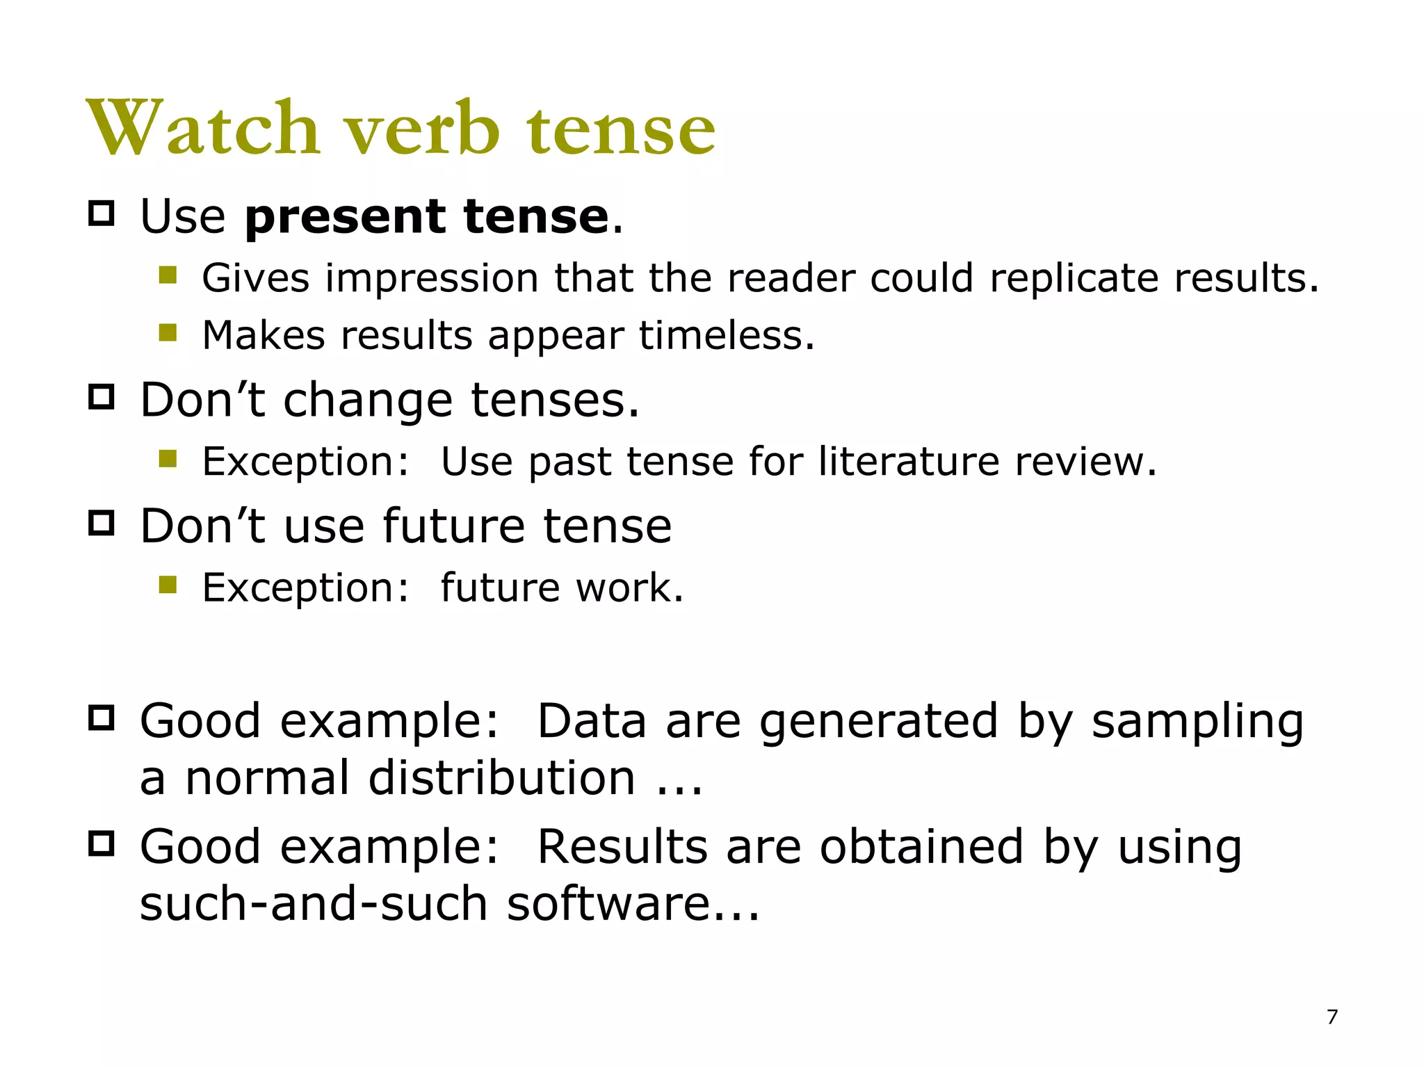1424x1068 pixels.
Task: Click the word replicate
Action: [1074, 278]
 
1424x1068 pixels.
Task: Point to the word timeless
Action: [726, 335]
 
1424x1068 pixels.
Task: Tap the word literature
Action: [909, 461]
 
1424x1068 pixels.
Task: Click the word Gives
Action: [255, 278]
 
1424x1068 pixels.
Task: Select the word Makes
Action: [264, 335]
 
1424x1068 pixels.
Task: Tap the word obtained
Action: [922, 848]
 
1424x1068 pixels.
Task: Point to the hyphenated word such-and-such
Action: [314, 904]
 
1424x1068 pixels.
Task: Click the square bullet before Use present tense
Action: [102, 213]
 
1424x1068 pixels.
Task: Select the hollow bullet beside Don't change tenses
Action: [102, 397]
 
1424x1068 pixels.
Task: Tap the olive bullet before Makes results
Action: [168, 333]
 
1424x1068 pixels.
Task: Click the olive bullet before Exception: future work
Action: [168, 585]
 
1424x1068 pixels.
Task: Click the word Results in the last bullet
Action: [622, 848]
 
